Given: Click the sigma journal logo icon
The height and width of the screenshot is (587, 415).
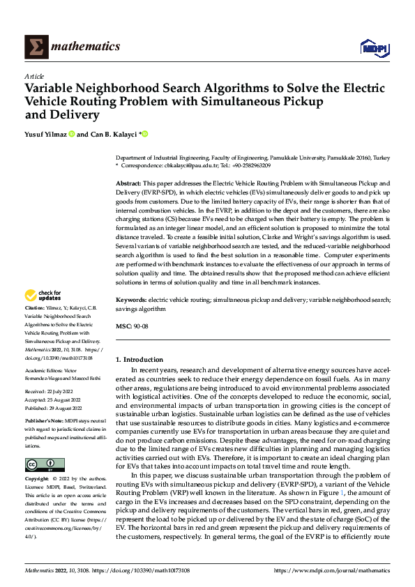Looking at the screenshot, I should click(x=34, y=47).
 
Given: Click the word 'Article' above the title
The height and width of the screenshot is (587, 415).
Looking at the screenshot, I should click(x=34, y=76).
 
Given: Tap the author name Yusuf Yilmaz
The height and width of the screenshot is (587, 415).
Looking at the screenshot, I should click(x=46, y=134).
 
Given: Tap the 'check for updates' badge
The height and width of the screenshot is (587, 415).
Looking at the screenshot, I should click(x=43, y=296).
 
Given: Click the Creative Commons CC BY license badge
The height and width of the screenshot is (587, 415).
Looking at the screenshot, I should click(x=45, y=465).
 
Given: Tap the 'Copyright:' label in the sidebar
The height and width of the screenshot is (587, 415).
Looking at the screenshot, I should click(x=37, y=480).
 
